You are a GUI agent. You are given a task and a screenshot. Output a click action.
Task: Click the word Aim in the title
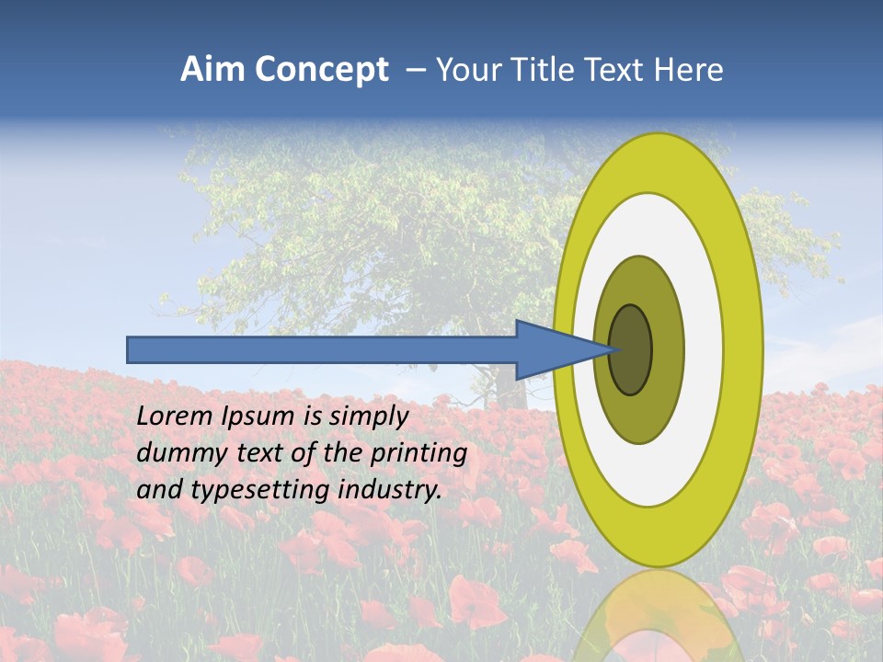coord(212,70)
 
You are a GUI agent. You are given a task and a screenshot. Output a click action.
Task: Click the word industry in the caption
coord(390,489)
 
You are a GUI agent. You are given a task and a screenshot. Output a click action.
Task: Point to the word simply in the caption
coord(368,417)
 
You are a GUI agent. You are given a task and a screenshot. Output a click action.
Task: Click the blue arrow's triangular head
coord(552,349)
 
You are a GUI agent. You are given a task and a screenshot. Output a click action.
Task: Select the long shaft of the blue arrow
coord(322,349)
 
